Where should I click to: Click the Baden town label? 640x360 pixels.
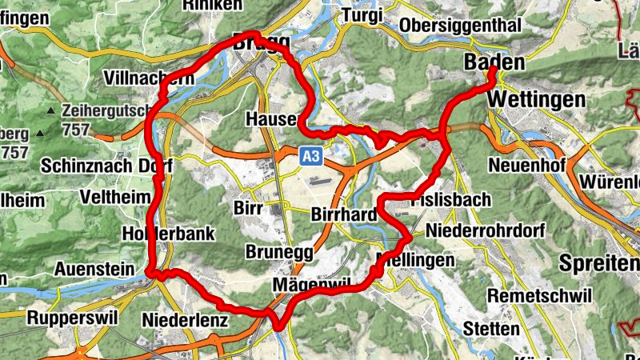point(495,62)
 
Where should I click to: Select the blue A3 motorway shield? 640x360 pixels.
point(311,157)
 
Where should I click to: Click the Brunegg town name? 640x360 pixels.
point(278,251)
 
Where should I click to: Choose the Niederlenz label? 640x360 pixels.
point(185,320)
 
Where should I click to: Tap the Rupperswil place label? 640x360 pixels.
point(72,318)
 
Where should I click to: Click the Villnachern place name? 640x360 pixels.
point(149,78)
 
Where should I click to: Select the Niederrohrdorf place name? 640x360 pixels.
point(486,230)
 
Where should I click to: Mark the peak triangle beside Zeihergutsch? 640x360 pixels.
point(50,110)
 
